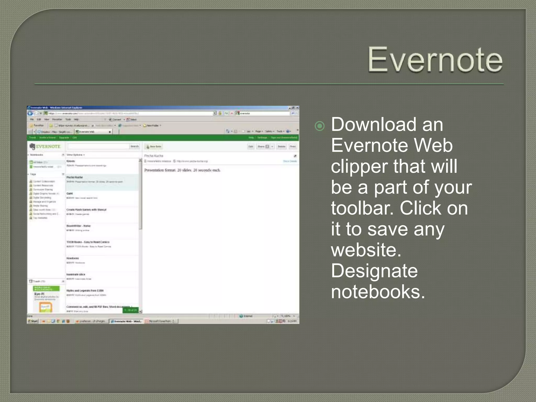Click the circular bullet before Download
tap(320, 126)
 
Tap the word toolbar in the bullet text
tap(362, 208)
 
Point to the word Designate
tap(374, 271)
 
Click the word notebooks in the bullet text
tap(378, 292)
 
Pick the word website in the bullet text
tap(366, 250)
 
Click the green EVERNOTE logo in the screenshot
tap(45, 146)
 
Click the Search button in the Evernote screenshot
tap(135, 146)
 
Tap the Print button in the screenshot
tap(293, 147)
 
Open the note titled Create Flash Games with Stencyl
tap(86, 210)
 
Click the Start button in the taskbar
tap(33, 321)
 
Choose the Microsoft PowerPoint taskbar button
tap(161, 321)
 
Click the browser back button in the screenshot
tap(30, 113)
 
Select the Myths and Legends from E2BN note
tap(85, 291)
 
